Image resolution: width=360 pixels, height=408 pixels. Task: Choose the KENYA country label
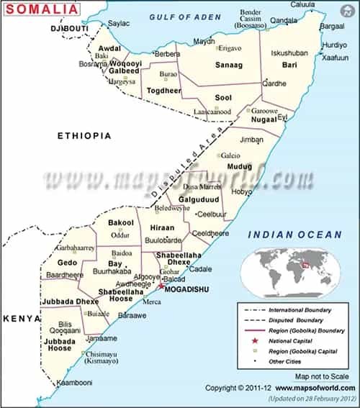tap(19, 317)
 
